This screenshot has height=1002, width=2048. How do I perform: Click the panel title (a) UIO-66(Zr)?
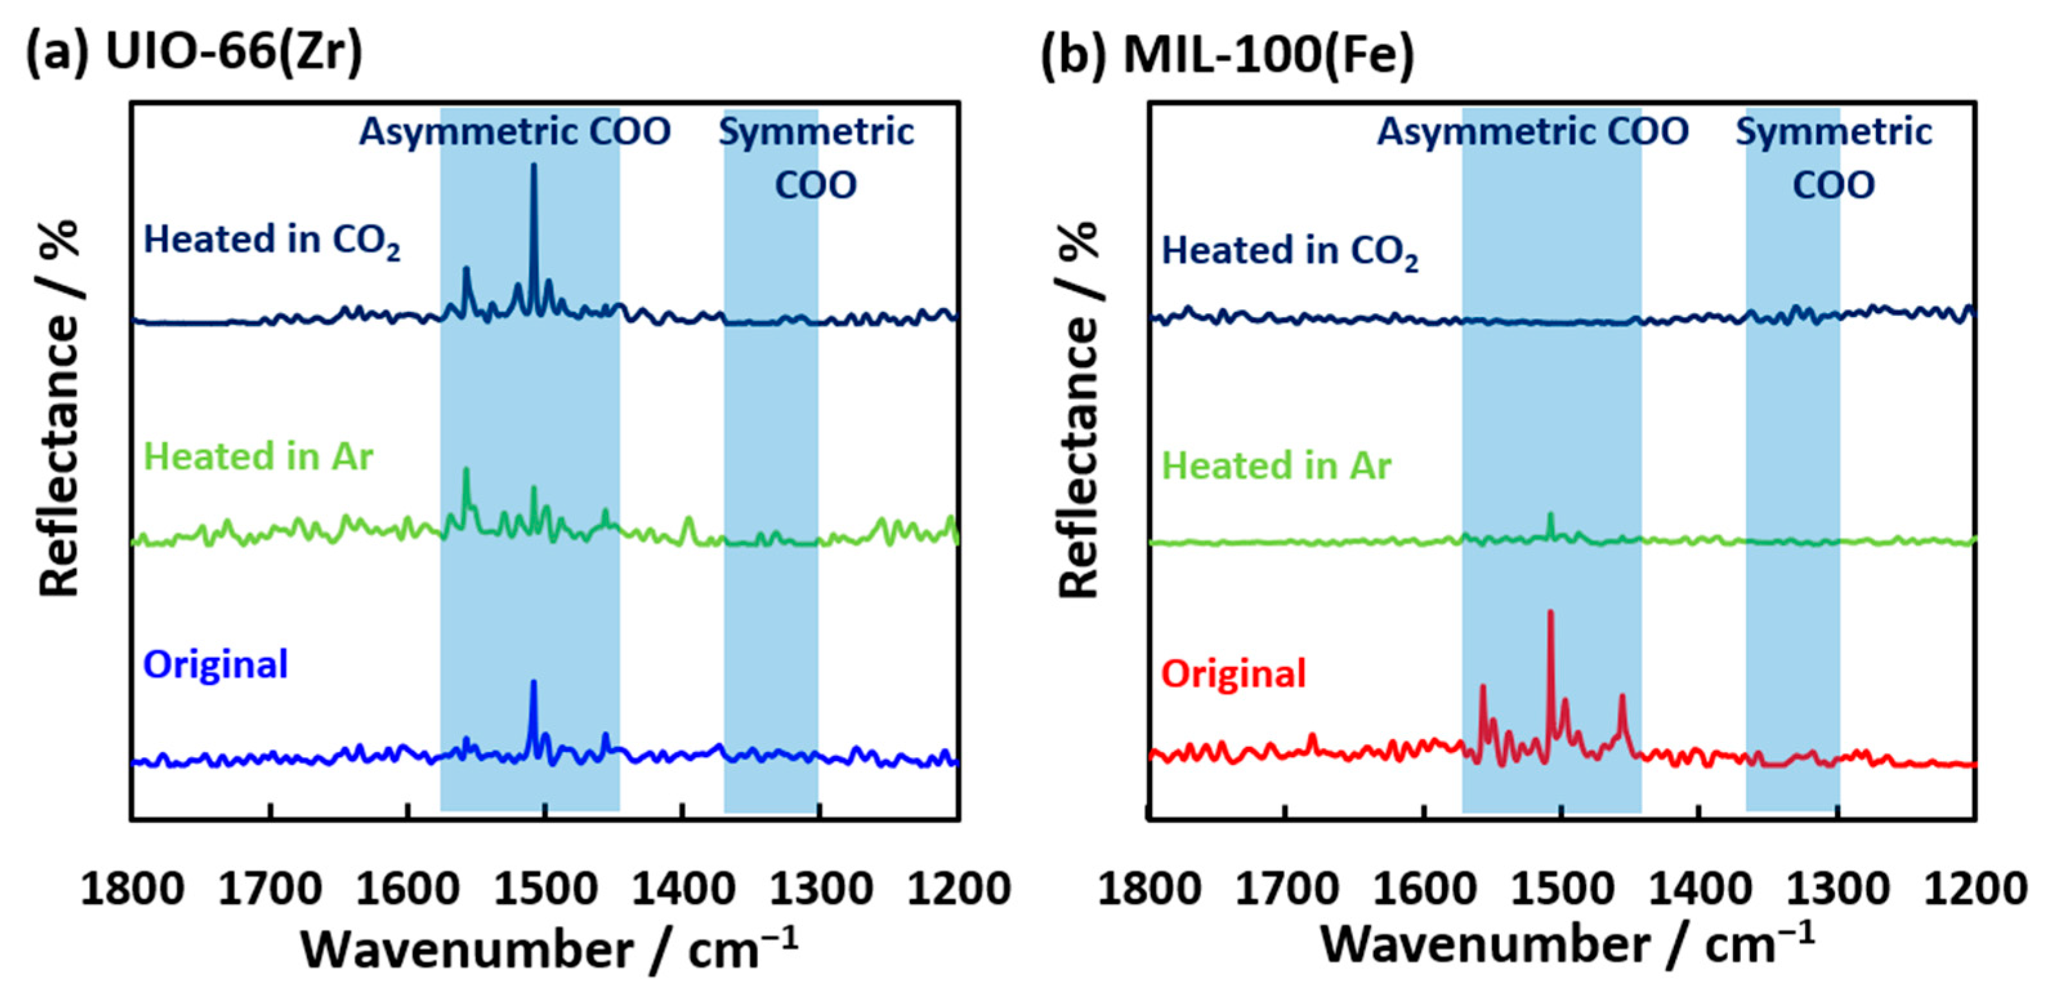pyautogui.click(x=194, y=54)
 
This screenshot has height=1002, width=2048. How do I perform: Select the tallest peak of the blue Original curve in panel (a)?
pyautogui.click(x=533, y=683)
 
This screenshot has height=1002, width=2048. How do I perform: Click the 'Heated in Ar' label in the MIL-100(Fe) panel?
pyautogui.click(x=1276, y=465)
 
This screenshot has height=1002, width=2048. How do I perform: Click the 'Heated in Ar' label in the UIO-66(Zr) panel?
pyautogui.click(x=258, y=456)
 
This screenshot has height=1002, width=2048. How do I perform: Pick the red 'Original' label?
pyautogui.click(x=1233, y=673)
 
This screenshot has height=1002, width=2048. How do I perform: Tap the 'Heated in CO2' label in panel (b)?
pyautogui.click(x=1289, y=251)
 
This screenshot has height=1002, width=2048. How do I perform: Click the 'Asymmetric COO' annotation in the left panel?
pyautogui.click(x=515, y=131)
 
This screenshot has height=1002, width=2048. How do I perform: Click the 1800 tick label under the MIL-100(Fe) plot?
pyautogui.click(x=1150, y=889)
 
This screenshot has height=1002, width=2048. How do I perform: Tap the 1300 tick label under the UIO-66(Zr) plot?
pyautogui.click(x=820, y=889)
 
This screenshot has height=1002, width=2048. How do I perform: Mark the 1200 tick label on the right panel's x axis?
pyautogui.click(x=1976, y=889)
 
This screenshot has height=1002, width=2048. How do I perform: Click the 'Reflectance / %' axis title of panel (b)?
pyautogui.click(x=1079, y=410)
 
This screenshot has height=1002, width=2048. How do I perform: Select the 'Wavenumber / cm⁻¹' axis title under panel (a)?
pyautogui.click(x=549, y=949)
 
